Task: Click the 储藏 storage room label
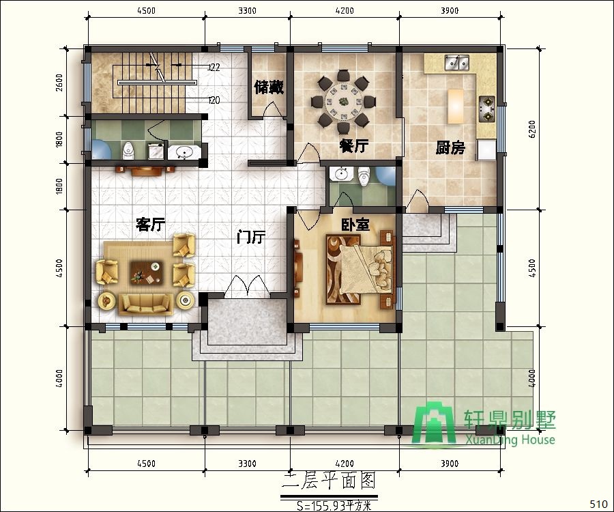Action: [269, 87]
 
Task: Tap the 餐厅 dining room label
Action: [353, 146]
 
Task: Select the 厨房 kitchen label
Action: [450, 147]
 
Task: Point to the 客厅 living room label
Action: [150, 225]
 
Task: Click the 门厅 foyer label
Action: [251, 236]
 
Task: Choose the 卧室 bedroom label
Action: [355, 225]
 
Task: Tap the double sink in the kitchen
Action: [456, 62]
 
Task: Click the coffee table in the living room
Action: [147, 272]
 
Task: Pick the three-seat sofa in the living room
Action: [146, 304]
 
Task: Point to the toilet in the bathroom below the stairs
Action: [128, 151]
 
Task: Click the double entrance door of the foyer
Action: [248, 286]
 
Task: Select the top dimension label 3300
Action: [248, 10]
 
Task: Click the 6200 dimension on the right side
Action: [531, 129]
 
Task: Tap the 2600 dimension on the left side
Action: [59, 83]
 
